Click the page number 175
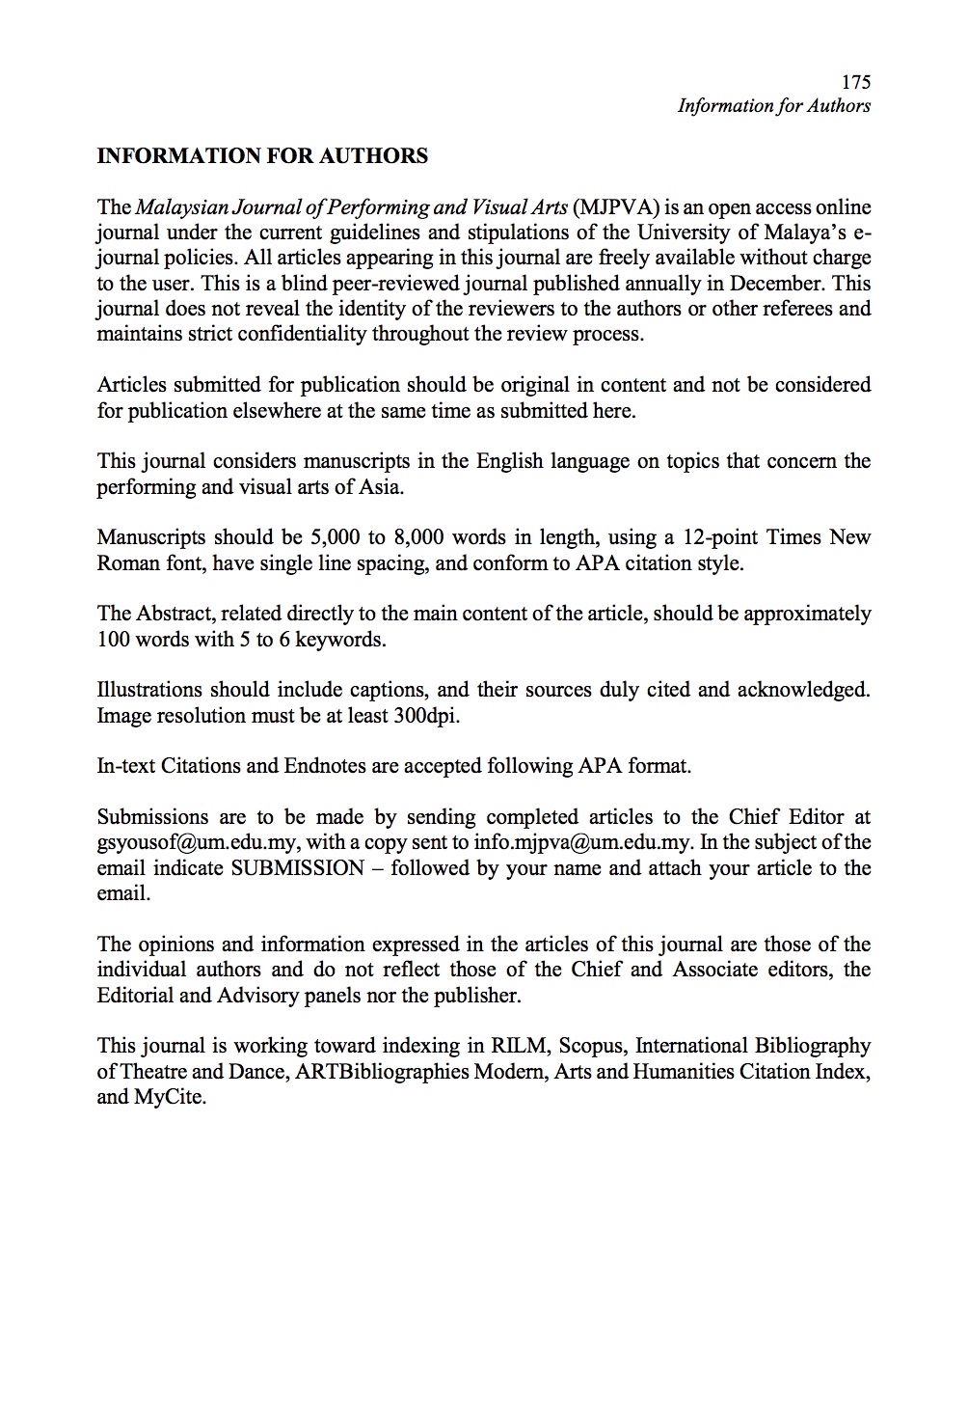[x=855, y=82]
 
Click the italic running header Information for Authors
[x=773, y=106]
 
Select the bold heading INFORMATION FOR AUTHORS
[x=262, y=156]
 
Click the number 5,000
[x=336, y=537]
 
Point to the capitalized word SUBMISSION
[x=298, y=867]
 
